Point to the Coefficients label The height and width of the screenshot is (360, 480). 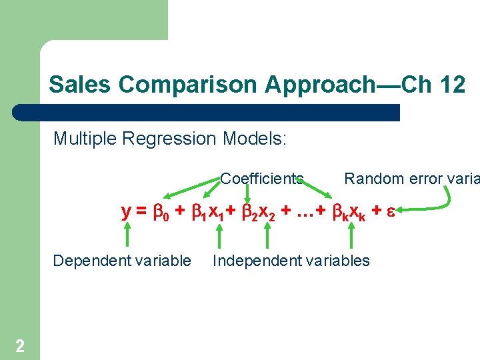point(262,179)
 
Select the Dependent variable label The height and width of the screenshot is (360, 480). point(122,261)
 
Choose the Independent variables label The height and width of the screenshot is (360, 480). point(291,261)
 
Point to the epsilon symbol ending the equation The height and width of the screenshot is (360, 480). point(393,212)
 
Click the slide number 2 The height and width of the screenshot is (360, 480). point(20,345)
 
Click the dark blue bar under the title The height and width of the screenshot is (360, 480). point(207,112)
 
